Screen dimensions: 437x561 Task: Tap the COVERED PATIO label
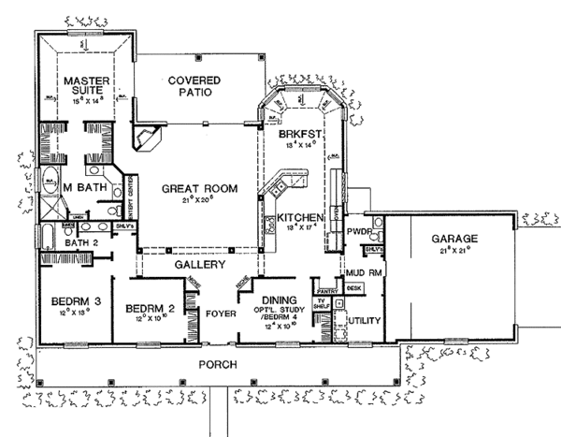[x=194, y=86]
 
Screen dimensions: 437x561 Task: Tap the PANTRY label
[x=326, y=291]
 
